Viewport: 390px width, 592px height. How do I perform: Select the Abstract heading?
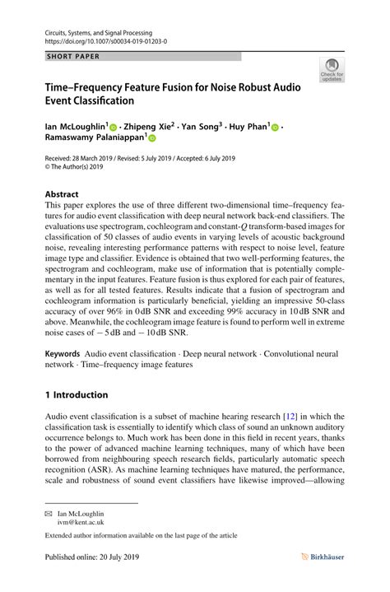(x=62, y=195)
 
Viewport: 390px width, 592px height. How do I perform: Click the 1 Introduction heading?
(x=76, y=394)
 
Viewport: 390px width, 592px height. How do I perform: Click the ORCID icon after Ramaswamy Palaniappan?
(x=153, y=141)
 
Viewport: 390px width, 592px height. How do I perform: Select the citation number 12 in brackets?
(x=290, y=417)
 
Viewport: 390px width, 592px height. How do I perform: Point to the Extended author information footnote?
(x=141, y=536)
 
